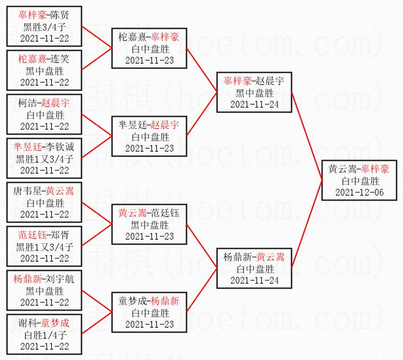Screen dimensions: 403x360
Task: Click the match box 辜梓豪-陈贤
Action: tap(45, 26)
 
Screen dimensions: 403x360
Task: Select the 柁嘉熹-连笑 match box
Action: tap(45, 70)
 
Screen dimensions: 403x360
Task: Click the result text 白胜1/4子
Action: tap(45, 335)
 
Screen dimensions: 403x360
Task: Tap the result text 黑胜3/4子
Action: tap(45, 27)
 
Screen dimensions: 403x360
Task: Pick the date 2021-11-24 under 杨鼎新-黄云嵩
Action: tap(255, 280)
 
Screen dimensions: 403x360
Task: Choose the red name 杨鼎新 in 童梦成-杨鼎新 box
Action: tap(165, 301)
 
